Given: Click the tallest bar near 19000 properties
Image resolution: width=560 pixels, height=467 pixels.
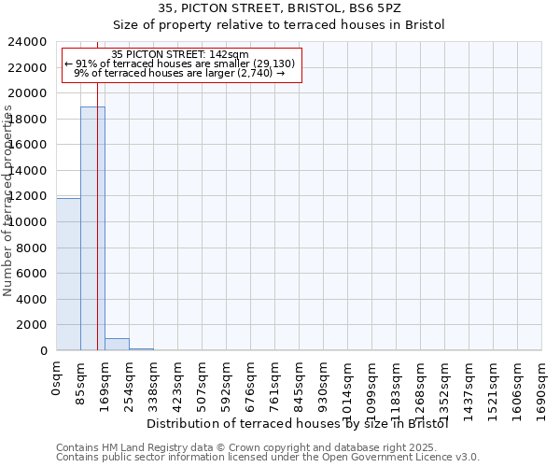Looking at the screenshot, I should click(92, 229).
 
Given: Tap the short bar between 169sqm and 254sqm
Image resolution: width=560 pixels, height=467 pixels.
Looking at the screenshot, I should click(117, 345).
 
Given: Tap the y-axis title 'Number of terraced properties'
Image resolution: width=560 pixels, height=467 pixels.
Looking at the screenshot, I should click(8, 201).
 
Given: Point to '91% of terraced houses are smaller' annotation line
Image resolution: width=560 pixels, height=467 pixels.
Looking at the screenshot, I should click(180, 64).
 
